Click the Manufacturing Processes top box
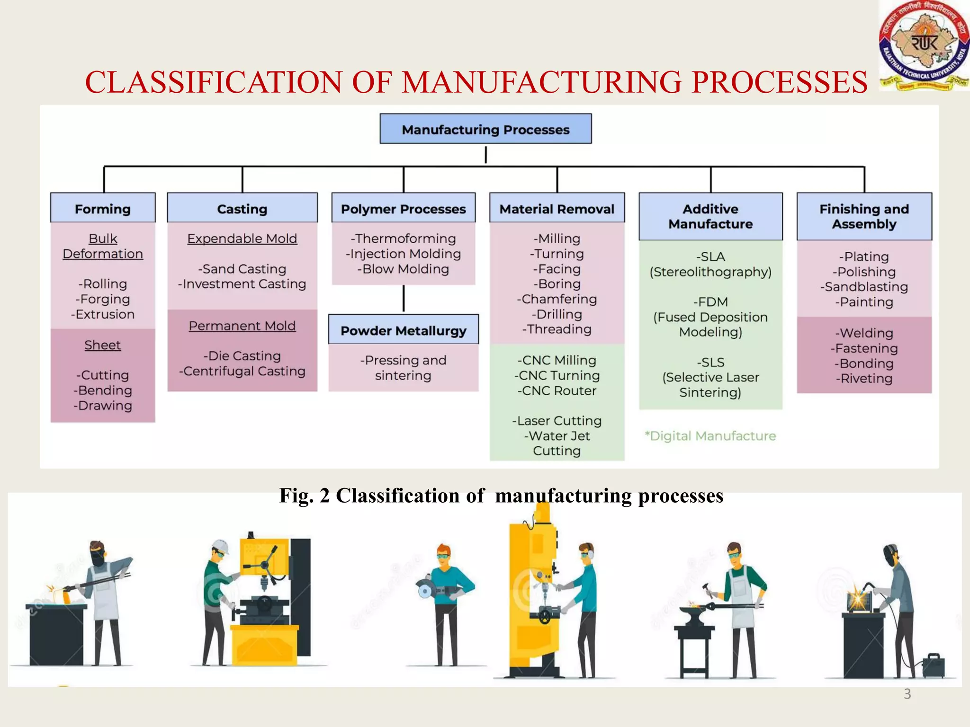pos(485,129)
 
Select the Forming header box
pos(103,208)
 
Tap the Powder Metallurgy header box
pos(404,330)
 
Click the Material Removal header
pos(557,208)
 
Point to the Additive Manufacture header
pos(710,216)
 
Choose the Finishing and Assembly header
pos(864,216)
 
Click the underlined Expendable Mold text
pos(242,239)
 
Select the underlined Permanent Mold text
pos(242,326)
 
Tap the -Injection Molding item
pos(403,254)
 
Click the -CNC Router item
pos(557,390)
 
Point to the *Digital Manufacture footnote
pos(710,435)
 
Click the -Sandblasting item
pos(864,287)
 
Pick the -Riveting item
pos(864,378)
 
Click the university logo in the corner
pos(923,46)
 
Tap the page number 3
pos(907,694)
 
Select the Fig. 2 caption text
pos(501,496)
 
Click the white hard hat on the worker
pos(221,547)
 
